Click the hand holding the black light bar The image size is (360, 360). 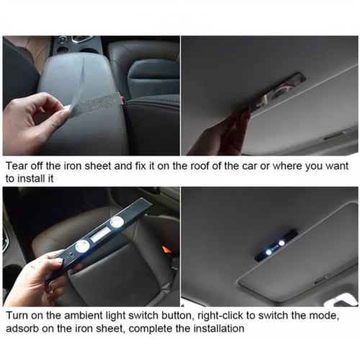(x=36, y=277)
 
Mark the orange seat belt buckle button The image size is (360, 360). (x=166, y=249)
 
